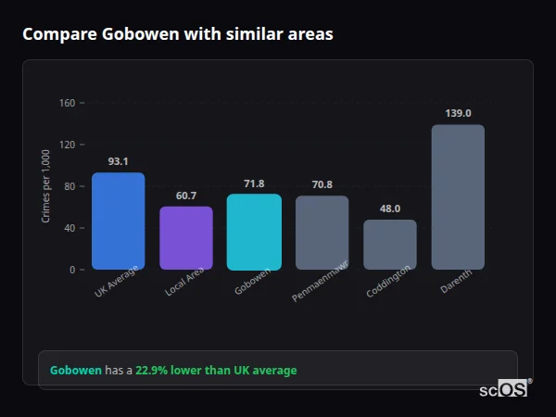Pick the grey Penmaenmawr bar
(x=322, y=233)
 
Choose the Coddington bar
(x=390, y=245)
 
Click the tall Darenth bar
(x=458, y=196)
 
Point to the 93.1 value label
(x=118, y=161)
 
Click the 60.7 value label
(x=186, y=196)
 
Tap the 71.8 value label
(x=254, y=183)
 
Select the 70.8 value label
(x=322, y=184)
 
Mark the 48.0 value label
(x=390, y=208)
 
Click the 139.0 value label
(x=458, y=113)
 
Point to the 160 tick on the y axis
(x=67, y=103)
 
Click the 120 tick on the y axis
(x=67, y=145)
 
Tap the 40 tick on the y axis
(x=69, y=228)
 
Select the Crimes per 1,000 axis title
(x=46, y=185)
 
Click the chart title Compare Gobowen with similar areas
(x=178, y=34)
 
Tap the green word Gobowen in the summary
(x=75, y=371)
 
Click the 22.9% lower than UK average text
(x=216, y=371)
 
